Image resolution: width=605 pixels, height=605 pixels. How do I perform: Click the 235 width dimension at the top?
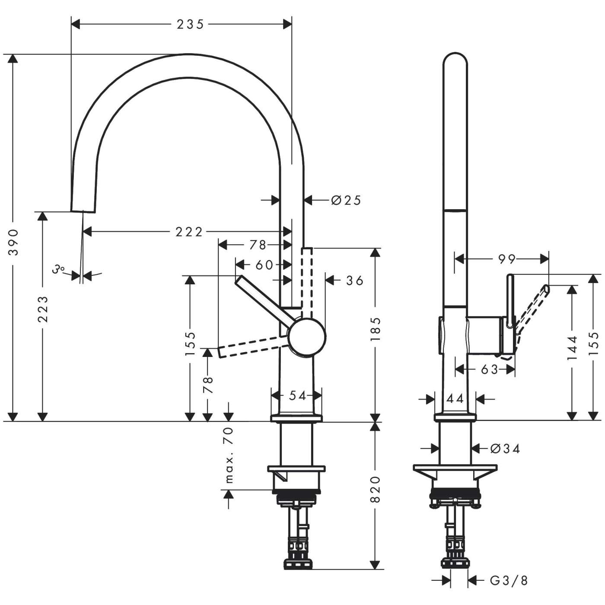(x=190, y=25)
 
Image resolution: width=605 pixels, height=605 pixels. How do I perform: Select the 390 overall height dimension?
(x=14, y=242)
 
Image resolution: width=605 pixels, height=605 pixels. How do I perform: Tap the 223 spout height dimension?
(x=42, y=309)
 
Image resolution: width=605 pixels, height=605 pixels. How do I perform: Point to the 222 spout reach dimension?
(x=189, y=232)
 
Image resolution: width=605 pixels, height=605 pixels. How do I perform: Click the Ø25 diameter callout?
(x=346, y=200)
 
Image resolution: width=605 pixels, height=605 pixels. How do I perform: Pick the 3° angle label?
(x=58, y=270)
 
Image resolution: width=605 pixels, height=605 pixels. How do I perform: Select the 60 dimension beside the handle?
(x=264, y=264)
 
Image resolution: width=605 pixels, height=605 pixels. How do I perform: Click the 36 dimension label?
(x=355, y=281)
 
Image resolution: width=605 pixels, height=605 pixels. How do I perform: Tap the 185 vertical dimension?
(x=375, y=329)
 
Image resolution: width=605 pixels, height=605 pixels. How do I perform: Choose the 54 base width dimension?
(x=297, y=395)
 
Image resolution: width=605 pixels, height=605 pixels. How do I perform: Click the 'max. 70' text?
(x=229, y=455)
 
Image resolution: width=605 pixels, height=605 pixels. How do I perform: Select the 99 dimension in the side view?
(x=506, y=259)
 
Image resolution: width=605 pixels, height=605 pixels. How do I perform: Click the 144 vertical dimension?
(x=572, y=348)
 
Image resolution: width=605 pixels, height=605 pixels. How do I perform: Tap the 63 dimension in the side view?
(x=489, y=369)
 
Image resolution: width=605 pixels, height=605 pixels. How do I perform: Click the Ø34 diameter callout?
(x=505, y=449)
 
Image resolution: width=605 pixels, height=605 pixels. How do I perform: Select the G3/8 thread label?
(x=509, y=580)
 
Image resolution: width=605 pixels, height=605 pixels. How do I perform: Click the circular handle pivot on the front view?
(x=307, y=336)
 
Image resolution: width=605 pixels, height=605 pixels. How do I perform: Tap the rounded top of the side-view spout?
(x=455, y=60)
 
